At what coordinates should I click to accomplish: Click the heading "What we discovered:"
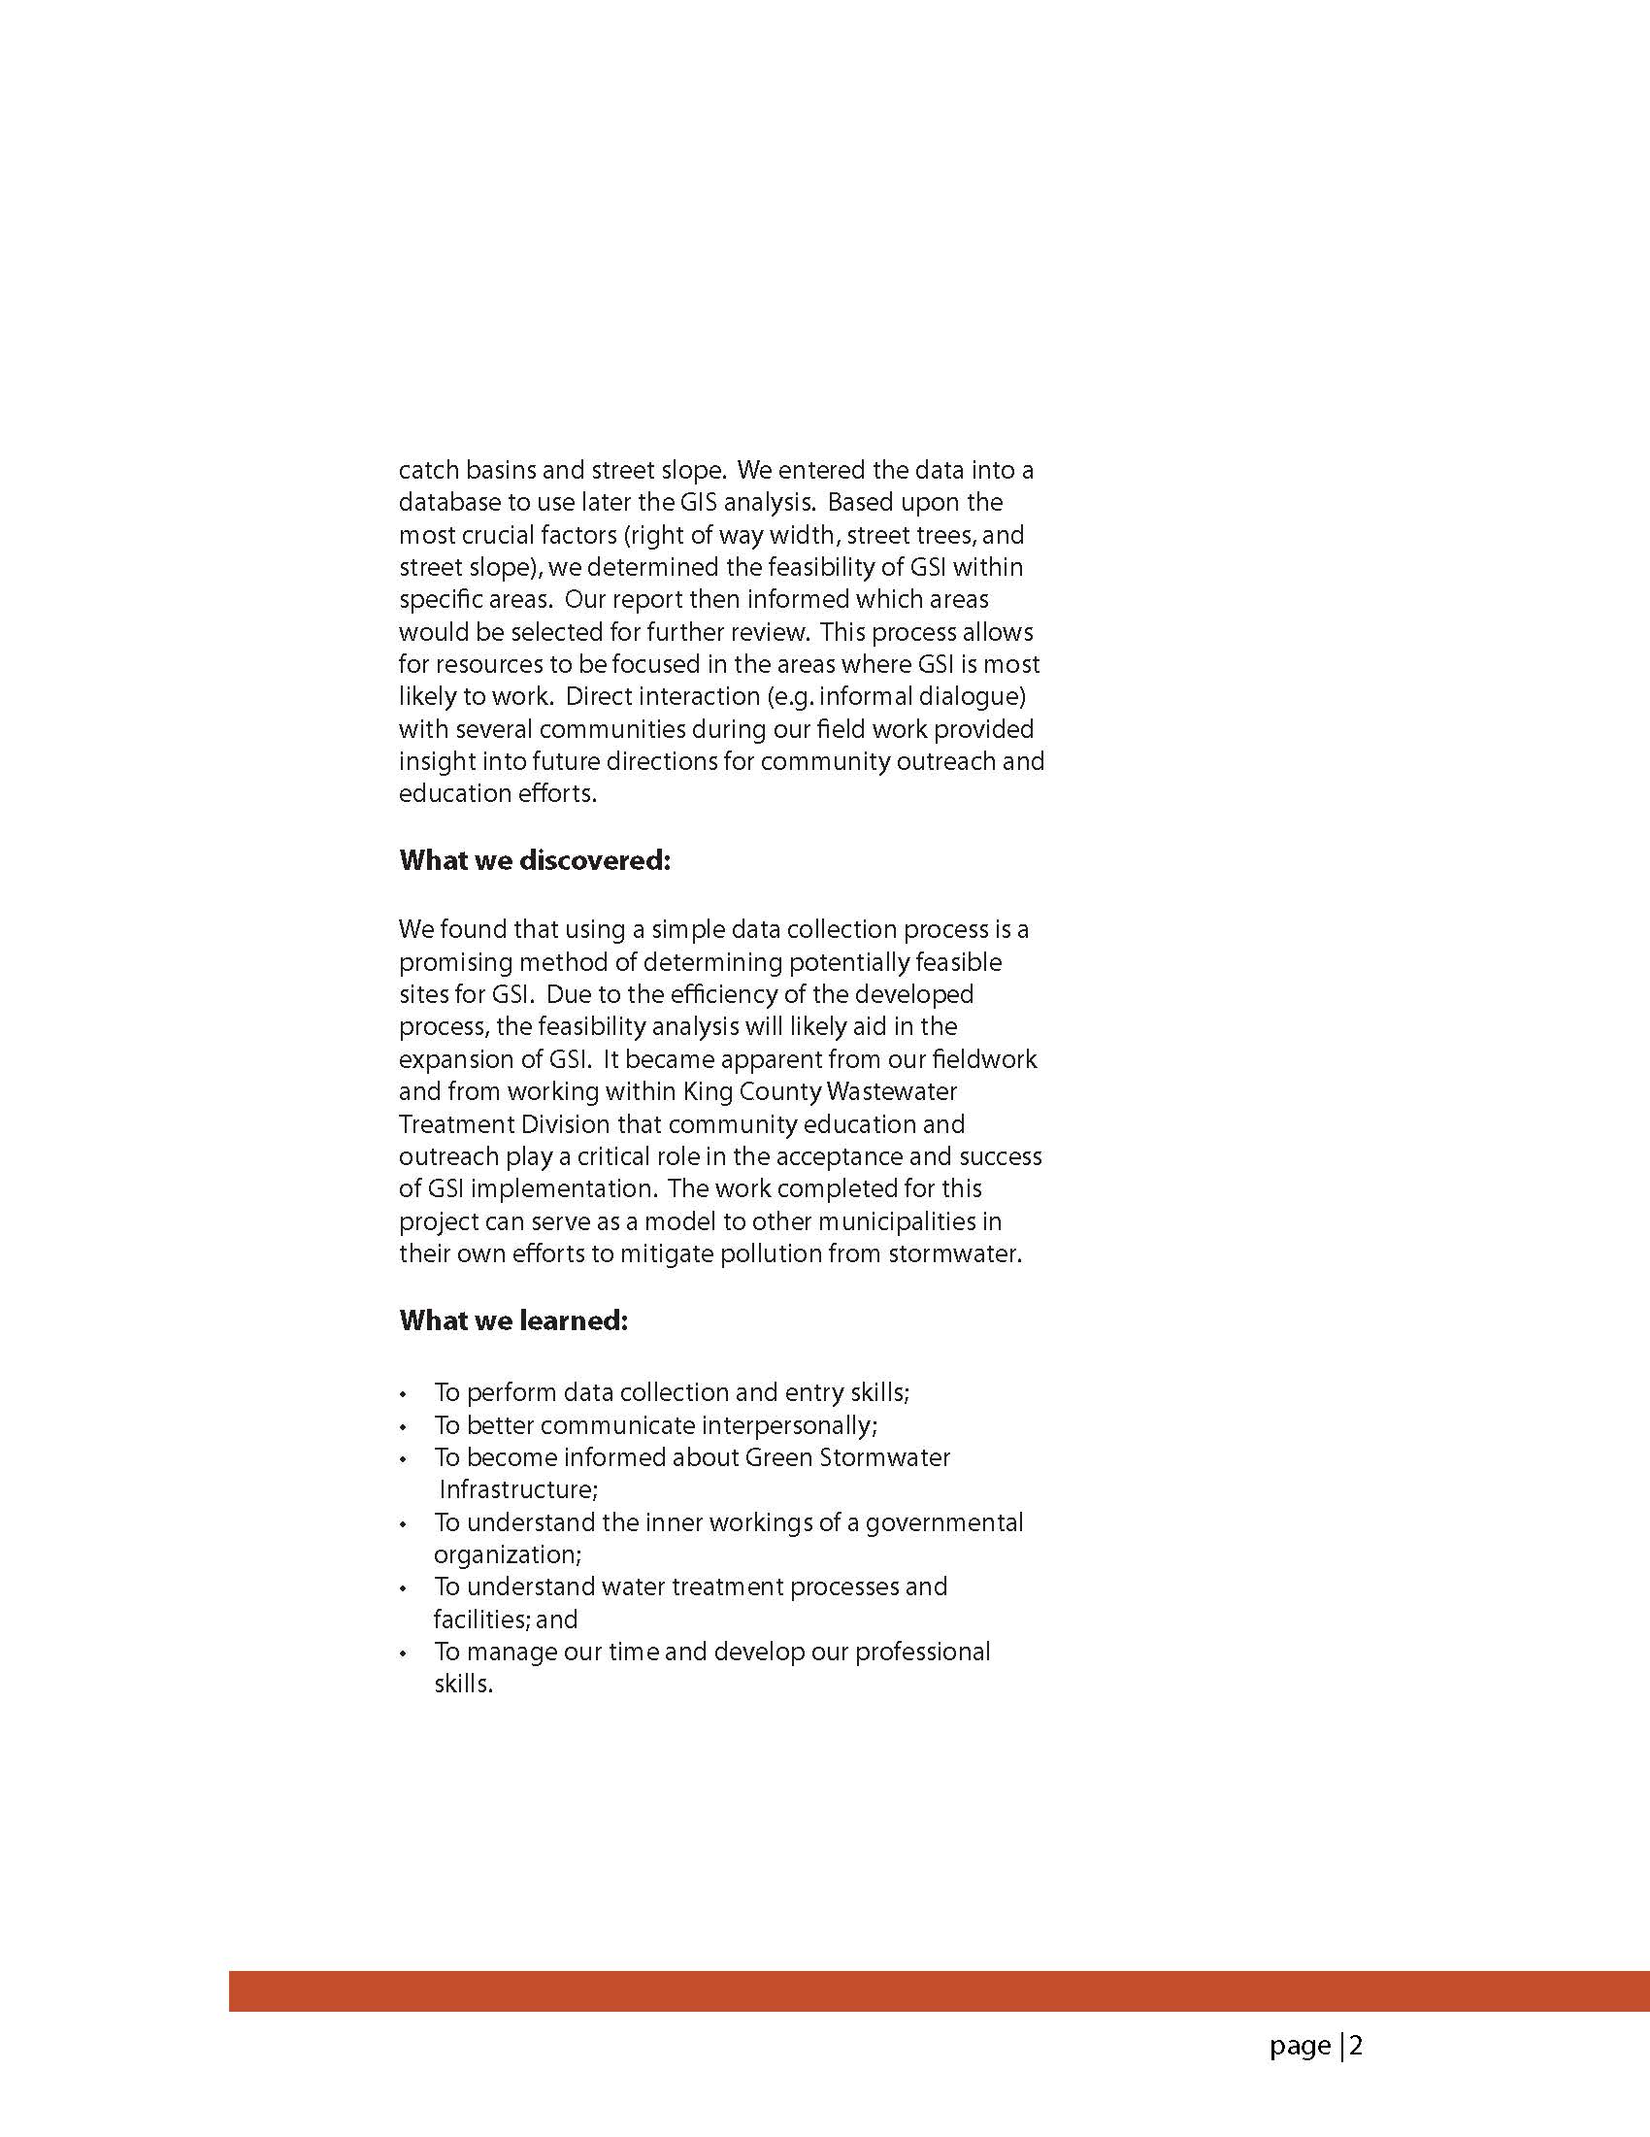[x=534, y=861]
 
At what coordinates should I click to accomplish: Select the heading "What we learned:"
[x=512, y=1321]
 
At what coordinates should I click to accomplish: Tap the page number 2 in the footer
[x=1357, y=2045]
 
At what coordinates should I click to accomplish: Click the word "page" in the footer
[x=1300, y=2046]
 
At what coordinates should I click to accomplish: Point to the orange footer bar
[x=939, y=1991]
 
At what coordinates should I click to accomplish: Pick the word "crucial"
[x=497, y=535]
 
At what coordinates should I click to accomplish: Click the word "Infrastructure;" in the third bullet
[x=518, y=1489]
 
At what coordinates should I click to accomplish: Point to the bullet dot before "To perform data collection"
[x=403, y=1394]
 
